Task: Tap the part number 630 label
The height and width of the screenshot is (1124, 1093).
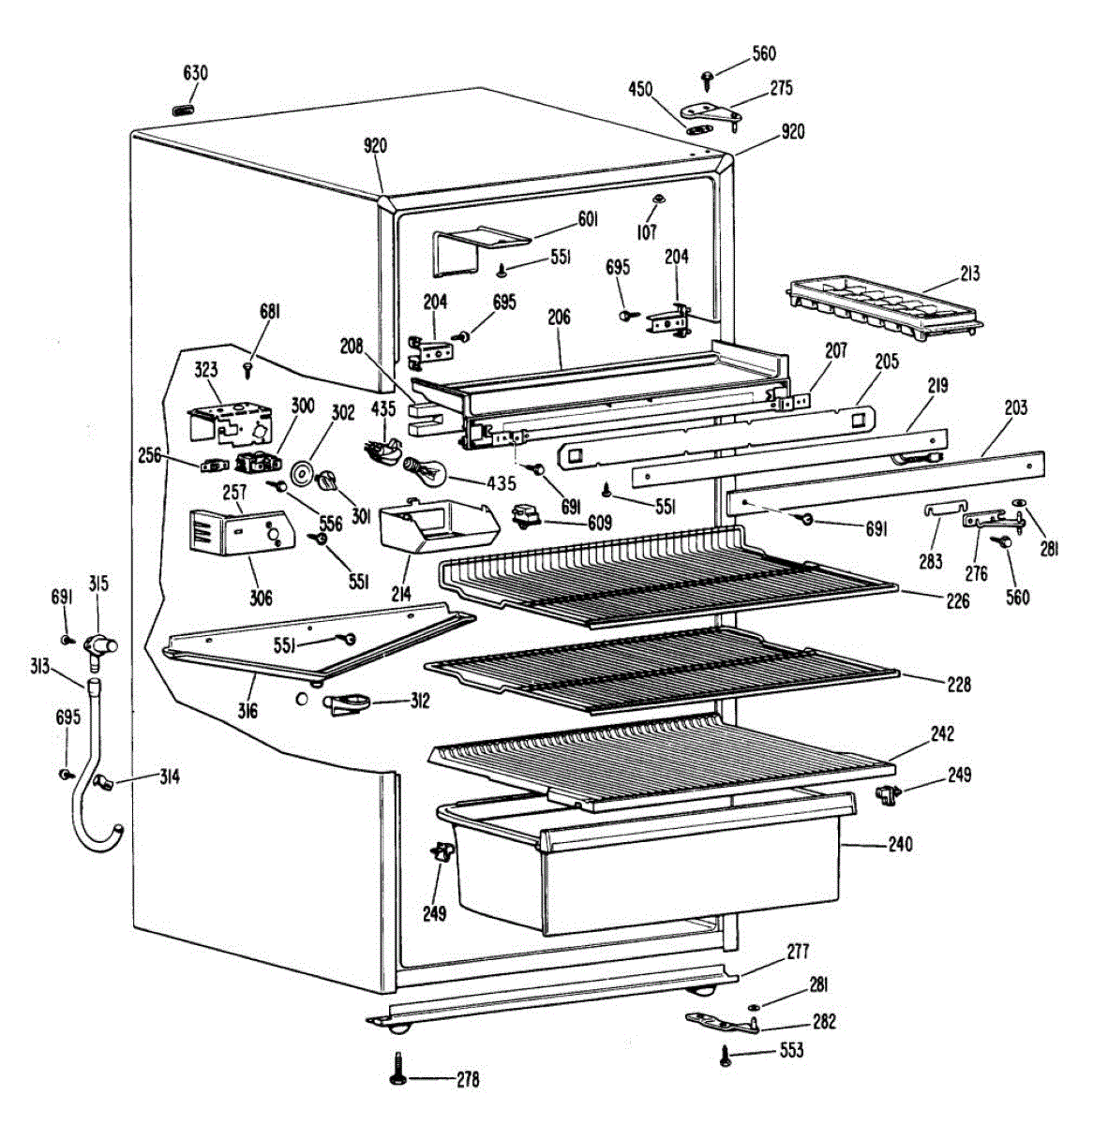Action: point(195,73)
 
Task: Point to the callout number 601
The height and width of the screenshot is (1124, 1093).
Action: point(587,219)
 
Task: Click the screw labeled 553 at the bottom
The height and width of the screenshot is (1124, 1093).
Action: point(726,1056)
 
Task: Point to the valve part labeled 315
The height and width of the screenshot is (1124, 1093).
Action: point(97,645)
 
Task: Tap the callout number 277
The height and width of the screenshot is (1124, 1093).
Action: point(798,953)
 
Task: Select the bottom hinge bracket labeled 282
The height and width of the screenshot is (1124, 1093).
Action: point(722,1022)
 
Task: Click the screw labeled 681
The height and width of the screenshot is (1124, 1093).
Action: point(249,367)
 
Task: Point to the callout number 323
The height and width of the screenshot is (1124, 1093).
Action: point(206,370)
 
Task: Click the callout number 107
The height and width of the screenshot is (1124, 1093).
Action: point(647,232)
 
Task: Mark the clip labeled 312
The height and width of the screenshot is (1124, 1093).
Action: point(347,702)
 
